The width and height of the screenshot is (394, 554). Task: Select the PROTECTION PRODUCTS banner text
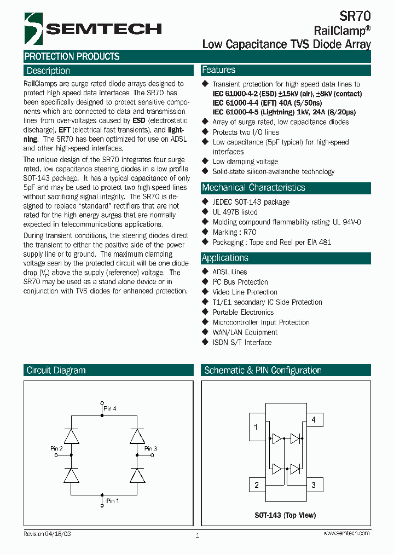click(72, 56)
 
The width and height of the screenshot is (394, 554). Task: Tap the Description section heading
click(49, 71)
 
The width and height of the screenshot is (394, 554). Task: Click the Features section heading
click(219, 70)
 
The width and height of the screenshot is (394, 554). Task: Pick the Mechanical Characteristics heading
click(253, 188)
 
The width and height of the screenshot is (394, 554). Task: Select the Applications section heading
click(225, 258)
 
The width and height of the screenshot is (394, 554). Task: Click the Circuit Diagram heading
click(56, 371)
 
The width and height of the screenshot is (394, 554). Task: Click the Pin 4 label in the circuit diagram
click(110, 408)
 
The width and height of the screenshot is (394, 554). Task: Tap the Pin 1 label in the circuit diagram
click(112, 501)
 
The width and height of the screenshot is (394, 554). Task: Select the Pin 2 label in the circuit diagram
click(56, 449)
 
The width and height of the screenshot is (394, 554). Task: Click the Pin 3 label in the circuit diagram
click(150, 449)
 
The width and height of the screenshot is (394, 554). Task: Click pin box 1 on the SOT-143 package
click(257, 428)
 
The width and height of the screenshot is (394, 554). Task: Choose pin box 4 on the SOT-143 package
click(314, 420)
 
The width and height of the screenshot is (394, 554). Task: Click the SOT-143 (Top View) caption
click(285, 515)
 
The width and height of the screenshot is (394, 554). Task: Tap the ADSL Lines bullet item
click(230, 272)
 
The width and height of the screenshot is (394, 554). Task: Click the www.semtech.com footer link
click(346, 533)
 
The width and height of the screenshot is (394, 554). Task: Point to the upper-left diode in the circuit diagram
click(72, 436)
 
